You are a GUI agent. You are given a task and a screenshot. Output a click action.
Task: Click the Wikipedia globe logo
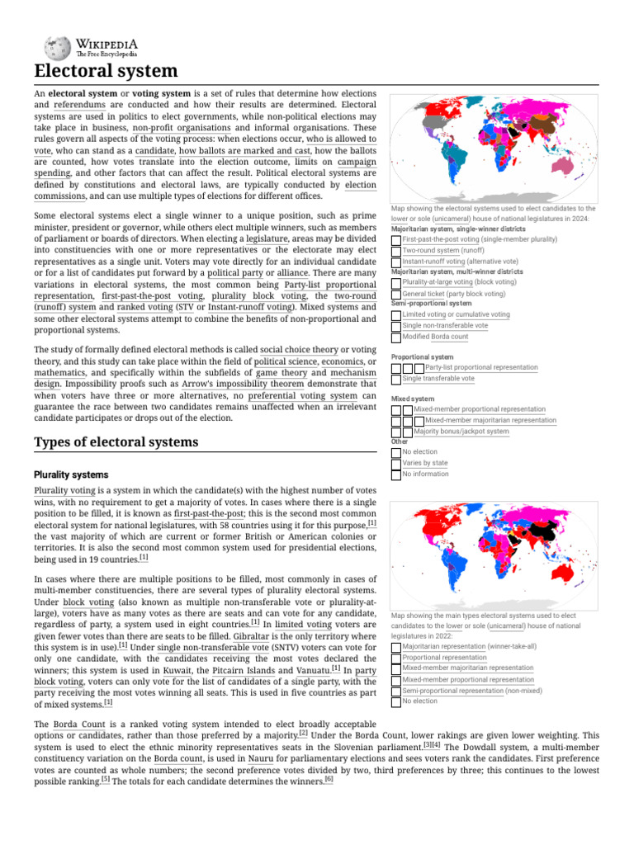click(x=58, y=46)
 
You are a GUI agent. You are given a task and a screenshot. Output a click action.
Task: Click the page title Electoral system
click(x=106, y=71)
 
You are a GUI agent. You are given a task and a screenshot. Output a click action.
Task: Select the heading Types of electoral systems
click(x=116, y=442)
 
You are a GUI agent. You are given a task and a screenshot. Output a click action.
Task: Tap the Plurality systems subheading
click(x=71, y=474)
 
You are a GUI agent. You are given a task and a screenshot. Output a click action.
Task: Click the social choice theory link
click(x=299, y=349)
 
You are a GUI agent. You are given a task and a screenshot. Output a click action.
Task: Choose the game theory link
click(x=277, y=372)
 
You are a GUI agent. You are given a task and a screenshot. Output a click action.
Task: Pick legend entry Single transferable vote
click(x=438, y=379)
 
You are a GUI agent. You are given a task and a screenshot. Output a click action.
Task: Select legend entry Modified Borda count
click(x=435, y=337)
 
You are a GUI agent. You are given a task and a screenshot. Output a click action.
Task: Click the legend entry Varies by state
click(x=424, y=463)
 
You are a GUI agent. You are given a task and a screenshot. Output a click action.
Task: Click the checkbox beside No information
click(x=396, y=474)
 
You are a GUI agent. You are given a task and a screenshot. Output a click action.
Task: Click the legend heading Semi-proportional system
click(x=431, y=304)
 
